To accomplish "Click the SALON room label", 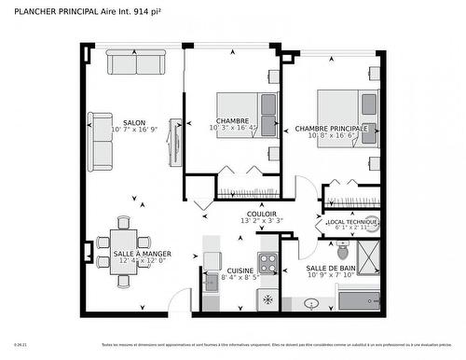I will [x=133, y=121].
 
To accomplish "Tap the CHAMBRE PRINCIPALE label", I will [x=331, y=129].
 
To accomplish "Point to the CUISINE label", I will [x=240, y=270].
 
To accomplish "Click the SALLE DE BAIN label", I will [x=331, y=269].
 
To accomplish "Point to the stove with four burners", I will [x=268, y=262].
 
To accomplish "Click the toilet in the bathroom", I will [x=343, y=250].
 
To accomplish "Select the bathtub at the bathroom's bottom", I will [x=359, y=299].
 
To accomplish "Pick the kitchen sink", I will [x=212, y=280].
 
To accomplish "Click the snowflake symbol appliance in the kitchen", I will [x=268, y=300].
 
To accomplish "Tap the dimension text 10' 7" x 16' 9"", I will [x=133, y=130].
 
